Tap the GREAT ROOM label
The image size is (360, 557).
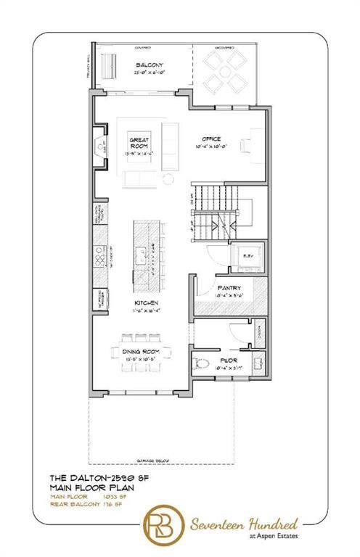click(139, 141)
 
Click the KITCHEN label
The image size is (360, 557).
click(145, 302)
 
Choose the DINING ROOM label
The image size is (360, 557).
click(142, 351)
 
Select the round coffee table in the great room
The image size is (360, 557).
click(169, 178)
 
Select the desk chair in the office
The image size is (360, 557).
click(244, 144)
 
